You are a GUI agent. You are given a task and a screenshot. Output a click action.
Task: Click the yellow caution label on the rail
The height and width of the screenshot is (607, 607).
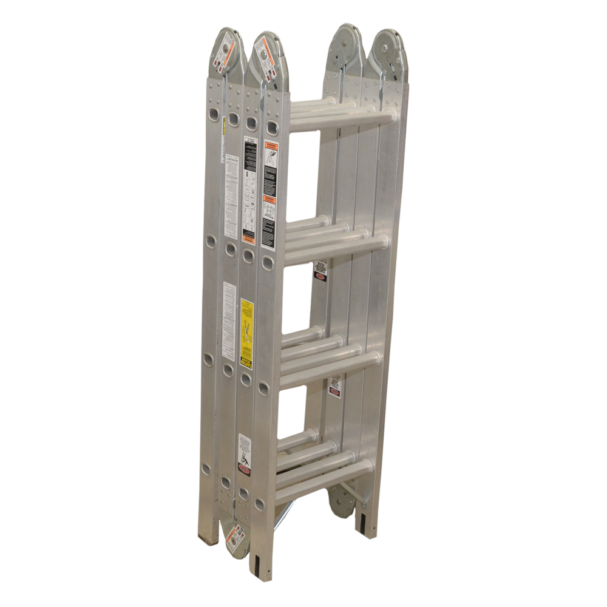(x=246, y=333)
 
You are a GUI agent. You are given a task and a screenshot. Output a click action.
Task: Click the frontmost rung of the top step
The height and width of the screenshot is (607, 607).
(x=344, y=118)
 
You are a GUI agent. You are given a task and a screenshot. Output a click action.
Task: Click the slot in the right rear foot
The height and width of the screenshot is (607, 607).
(x=362, y=522)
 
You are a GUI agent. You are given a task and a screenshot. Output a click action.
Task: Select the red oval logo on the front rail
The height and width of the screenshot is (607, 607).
(x=244, y=469)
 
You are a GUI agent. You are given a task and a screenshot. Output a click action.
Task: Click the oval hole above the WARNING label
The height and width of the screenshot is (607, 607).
(x=272, y=127)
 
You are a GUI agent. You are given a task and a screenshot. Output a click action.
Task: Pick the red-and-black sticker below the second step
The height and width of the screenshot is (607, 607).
(x=320, y=270)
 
